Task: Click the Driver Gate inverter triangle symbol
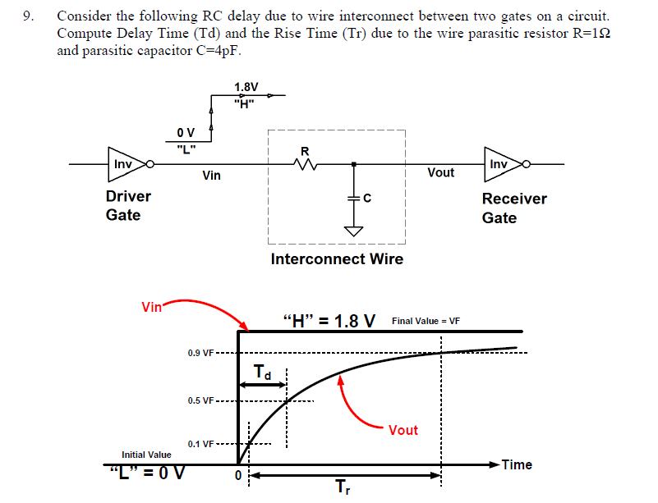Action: pyautogui.click(x=125, y=164)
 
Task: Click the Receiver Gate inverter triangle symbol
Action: pyautogui.click(x=500, y=164)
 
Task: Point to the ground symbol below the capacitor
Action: pyautogui.click(x=354, y=231)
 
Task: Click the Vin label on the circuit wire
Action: pyautogui.click(x=211, y=176)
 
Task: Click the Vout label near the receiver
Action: pyautogui.click(x=440, y=172)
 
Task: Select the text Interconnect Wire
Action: pyautogui.click(x=337, y=259)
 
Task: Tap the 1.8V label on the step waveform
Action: pyautogui.click(x=246, y=87)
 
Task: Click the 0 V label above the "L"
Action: pyautogui.click(x=186, y=132)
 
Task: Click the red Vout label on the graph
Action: pyautogui.click(x=403, y=430)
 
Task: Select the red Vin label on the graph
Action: pyautogui.click(x=152, y=307)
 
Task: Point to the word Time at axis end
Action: pyautogui.click(x=517, y=464)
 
